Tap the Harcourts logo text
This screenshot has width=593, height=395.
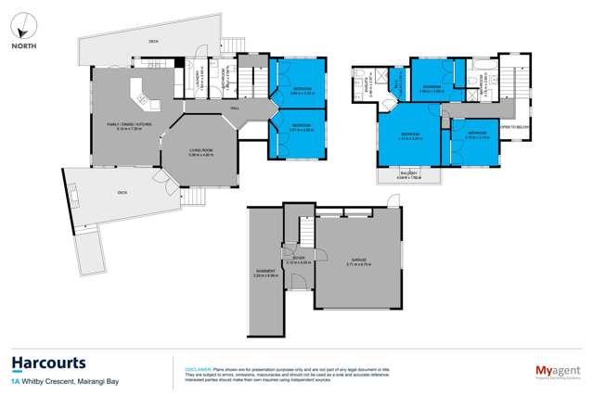coord(49,363)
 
